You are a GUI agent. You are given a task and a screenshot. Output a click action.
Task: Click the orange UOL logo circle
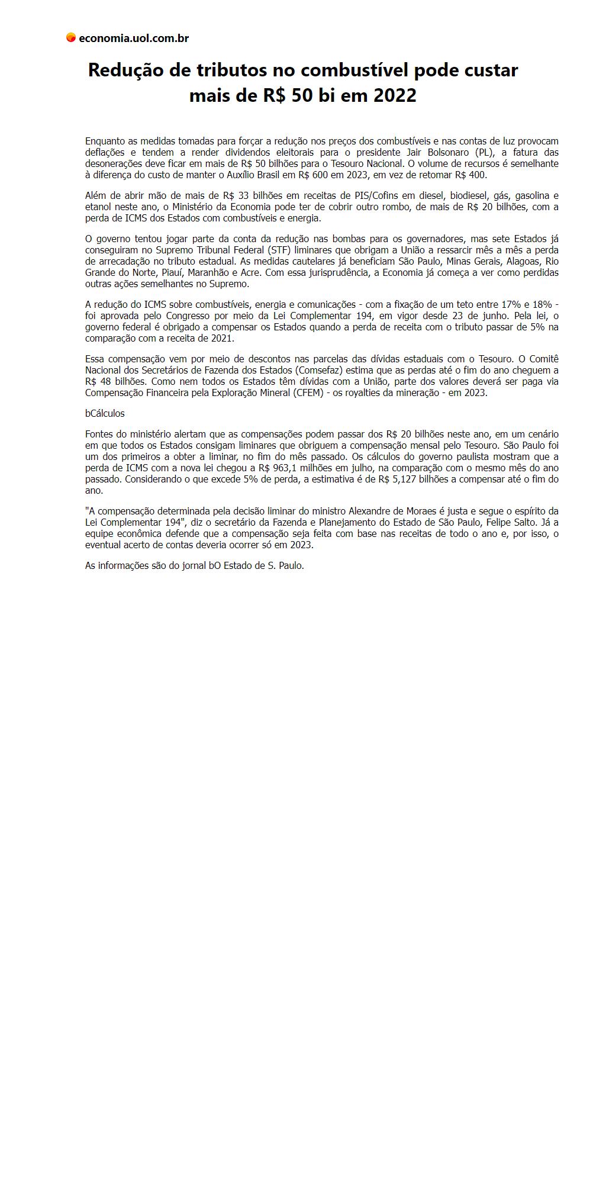pos(71,38)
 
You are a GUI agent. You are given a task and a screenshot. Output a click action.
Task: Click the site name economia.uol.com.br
pos(134,38)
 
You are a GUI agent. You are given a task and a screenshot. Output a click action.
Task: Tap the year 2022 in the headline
pos(395,95)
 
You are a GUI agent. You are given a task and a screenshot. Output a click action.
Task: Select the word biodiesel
pos(469,196)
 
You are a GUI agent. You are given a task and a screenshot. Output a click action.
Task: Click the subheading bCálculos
pos(105,414)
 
